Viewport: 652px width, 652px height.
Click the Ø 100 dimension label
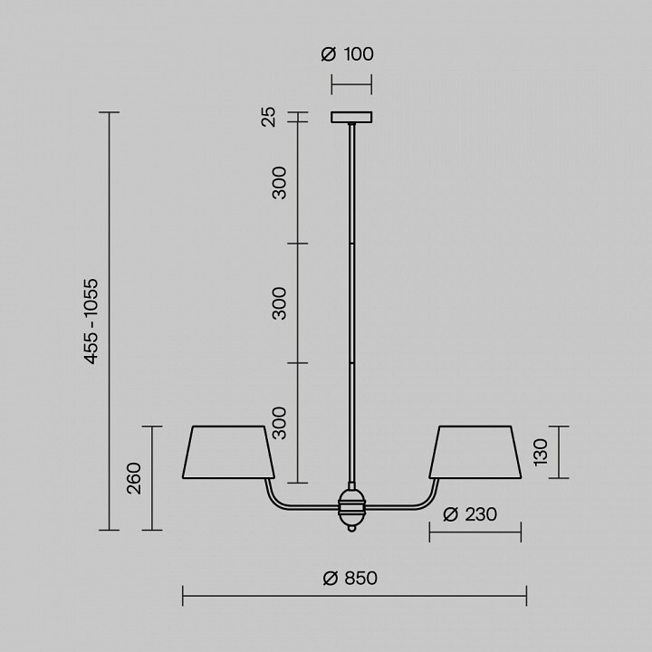[347, 54]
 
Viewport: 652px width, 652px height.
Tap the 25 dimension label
[269, 117]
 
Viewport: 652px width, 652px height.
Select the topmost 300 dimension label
[279, 183]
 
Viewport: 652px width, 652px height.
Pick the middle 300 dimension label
[279, 303]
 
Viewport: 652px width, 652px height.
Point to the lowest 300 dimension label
[279, 423]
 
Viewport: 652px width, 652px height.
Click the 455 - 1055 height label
[91, 321]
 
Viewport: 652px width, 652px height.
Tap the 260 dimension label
[134, 478]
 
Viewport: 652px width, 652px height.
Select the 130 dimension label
[541, 452]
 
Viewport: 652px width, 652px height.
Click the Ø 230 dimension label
[470, 514]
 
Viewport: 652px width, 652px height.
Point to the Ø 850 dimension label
[350, 578]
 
